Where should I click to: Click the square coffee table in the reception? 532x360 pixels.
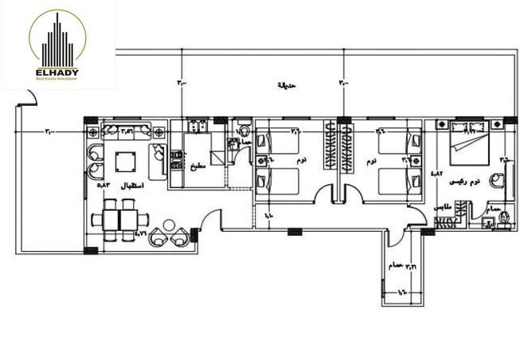(125, 162)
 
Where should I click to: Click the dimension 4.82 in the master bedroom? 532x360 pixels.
(436, 173)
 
